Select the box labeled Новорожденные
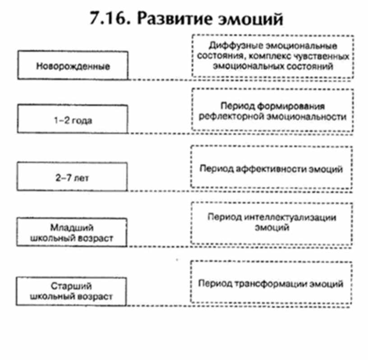[73, 66]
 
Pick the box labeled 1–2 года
[73, 120]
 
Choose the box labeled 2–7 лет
[73, 177]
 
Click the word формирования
[297, 106]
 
